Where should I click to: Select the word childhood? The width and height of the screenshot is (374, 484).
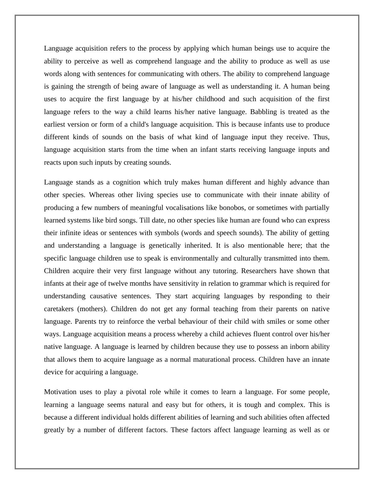tap(210, 99)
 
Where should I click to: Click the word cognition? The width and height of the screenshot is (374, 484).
tap(126, 182)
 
